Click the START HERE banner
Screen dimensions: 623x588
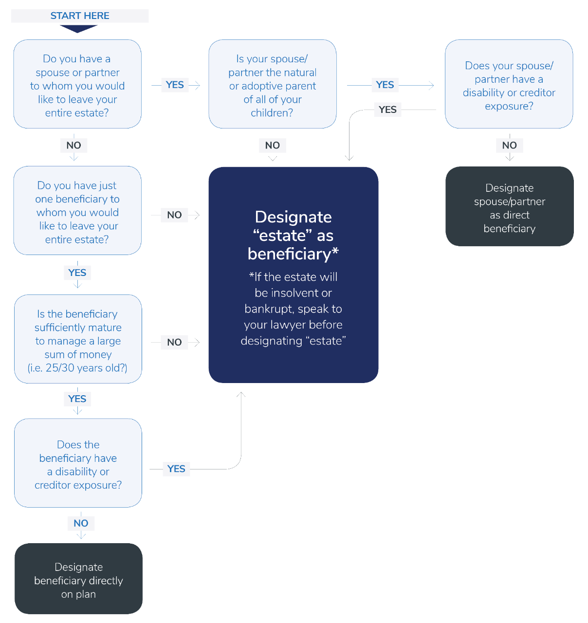(x=80, y=16)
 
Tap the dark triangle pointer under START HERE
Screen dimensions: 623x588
(x=78, y=29)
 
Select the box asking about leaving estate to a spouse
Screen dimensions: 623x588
(x=77, y=85)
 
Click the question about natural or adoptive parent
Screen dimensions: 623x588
(x=273, y=85)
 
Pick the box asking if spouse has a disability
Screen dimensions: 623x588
(x=509, y=85)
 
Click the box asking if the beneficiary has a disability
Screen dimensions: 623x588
(x=78, y=463)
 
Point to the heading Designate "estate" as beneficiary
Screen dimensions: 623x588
(x=293, y=236)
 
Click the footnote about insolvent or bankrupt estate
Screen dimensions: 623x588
(x=293, y=309)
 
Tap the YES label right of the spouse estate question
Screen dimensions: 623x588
(x=175, y=85)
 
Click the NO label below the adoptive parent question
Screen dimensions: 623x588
(x=273, y=146)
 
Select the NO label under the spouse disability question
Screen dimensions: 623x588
(x=509, y=146)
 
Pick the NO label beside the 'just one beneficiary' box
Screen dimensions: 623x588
(x=174, y=215)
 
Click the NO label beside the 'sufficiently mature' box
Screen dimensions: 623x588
(x=174, y=342)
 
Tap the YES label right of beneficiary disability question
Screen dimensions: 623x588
(x=176, y=469)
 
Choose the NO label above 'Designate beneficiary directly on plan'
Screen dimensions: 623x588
(x=81, y=524)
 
